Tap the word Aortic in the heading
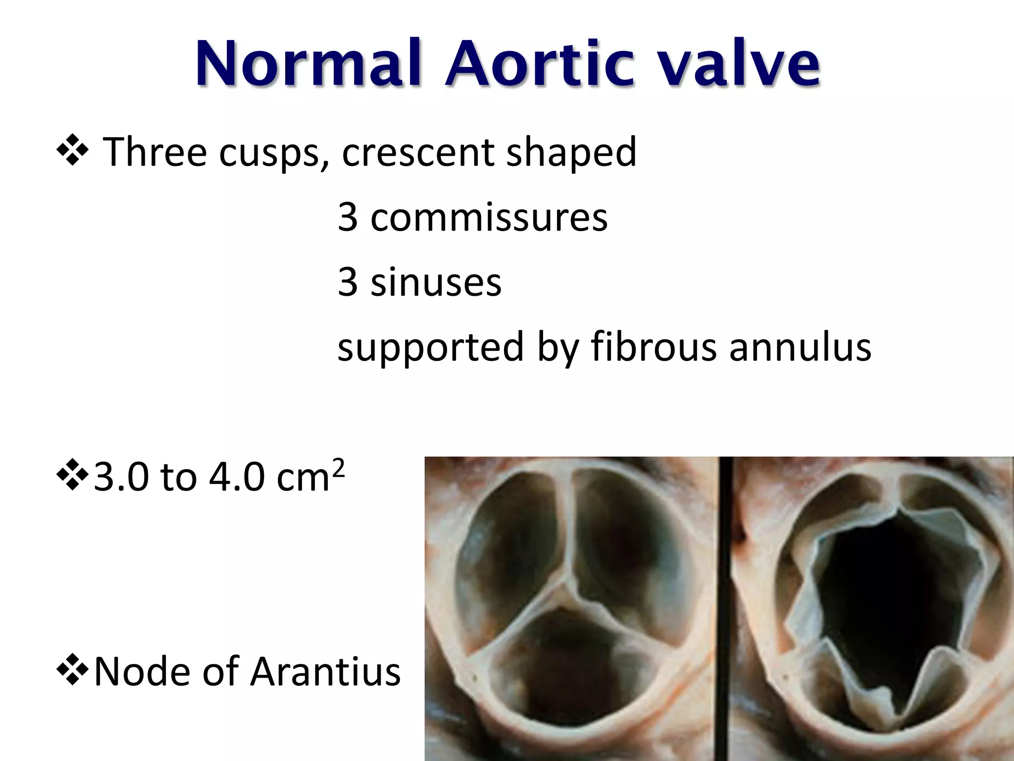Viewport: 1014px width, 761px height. coord(539,64)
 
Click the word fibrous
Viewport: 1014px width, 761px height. coord(653,346)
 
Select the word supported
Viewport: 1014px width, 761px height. coord(430,347)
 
